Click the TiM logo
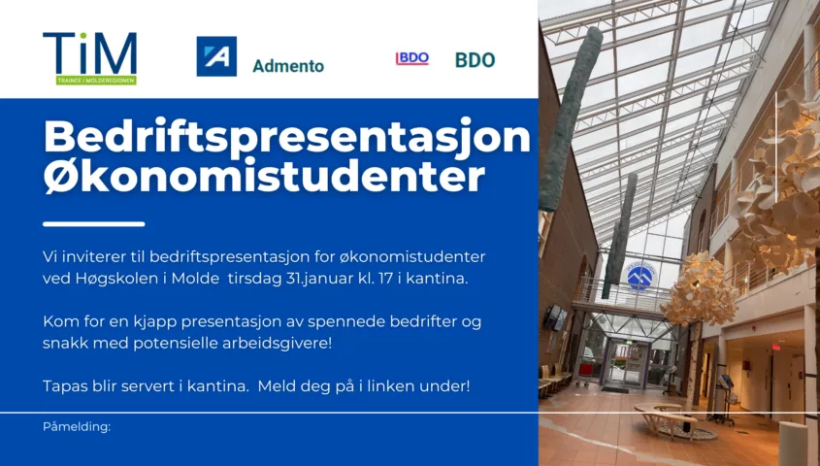point(90,58)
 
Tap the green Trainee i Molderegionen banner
point(96,80)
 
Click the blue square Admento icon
point(216,56)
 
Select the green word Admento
point(288,66)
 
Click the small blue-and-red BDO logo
point(412,58)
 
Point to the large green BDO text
point(475,60)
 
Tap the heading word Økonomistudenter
point(264,177)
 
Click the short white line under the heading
point(94,224)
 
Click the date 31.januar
point(320,279)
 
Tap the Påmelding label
point(77,427)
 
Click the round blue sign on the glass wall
point(640,275)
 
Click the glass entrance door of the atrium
point(626,363)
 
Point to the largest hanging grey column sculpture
point(571,117)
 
